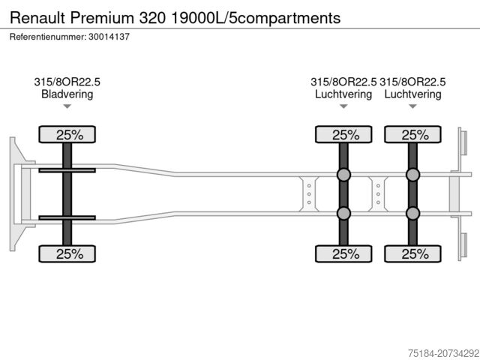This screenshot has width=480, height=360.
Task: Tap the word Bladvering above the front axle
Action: coord(67,94)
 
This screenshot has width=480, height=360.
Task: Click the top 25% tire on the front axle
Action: coord(67,135)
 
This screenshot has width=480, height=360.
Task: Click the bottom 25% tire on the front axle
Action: coord(67,253)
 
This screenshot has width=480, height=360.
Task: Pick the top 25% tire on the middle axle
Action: coord(343,135)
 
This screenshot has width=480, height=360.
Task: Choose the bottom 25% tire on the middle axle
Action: coord(343,253)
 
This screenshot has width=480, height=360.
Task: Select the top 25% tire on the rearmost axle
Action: coord(412,135)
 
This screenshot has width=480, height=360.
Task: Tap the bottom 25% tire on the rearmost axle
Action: coord(412,253)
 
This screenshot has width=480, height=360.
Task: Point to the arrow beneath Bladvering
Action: coord(67,106)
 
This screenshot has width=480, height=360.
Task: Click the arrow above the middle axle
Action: coord(343,106)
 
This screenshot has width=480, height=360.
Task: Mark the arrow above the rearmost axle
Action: coord(412,106)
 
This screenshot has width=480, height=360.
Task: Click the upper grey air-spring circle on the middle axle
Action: coord(343,175)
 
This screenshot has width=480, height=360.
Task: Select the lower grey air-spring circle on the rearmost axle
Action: coord(412,213)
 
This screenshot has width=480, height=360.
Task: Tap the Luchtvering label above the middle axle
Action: coord(343,94)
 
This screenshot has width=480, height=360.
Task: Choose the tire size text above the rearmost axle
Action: coord(412,82)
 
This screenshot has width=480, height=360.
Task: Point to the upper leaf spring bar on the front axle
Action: coord(67,171)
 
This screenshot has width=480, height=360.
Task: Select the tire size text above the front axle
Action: coord(67,82)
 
